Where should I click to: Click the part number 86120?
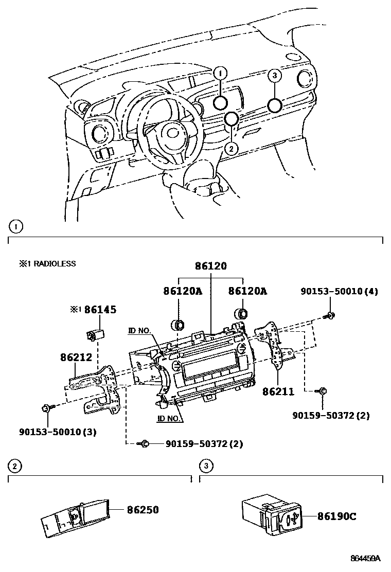(210, 266)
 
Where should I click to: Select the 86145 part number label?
(100, 309)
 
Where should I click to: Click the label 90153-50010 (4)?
(339, 292)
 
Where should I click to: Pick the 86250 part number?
(143, 510)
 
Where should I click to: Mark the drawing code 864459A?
(365, 558)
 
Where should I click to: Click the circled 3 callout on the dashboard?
(275, 76)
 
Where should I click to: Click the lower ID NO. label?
(169, 418)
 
